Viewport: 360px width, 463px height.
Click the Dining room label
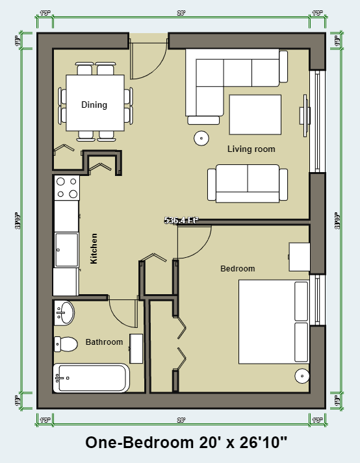click(94, 105)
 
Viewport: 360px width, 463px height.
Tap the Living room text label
click(251, 149)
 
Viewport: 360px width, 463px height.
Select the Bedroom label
click(237, 268)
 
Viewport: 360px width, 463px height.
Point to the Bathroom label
click(104, 342)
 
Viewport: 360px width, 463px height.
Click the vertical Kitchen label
click(94, 248)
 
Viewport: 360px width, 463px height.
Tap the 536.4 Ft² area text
click(181, 220)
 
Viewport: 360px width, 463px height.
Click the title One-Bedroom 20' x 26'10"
click(186, 443)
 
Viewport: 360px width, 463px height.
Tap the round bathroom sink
click(64, 314)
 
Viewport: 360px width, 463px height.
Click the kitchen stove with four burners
click(66, 188)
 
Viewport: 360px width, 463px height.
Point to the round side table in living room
click(201, 138)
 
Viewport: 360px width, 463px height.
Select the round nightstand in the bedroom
click(302, 375)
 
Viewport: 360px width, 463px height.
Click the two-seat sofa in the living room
click(248, 184)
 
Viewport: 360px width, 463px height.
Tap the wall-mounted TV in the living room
click(303, 115)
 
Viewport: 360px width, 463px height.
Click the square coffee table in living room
click(254, 114)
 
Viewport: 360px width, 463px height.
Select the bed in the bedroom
click(273, 321)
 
